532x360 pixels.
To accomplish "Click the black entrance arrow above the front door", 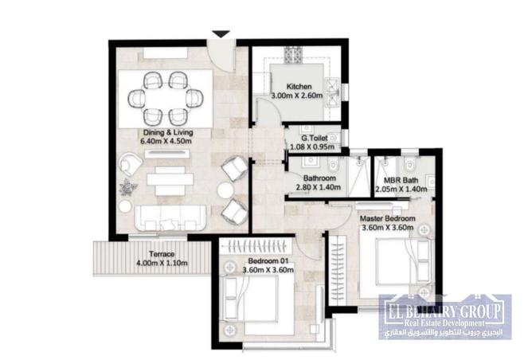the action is (221, 34).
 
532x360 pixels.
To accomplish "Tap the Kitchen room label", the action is (299, 87).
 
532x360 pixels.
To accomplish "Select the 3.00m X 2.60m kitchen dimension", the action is (297, 96).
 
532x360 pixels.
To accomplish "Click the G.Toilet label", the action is (315, 138).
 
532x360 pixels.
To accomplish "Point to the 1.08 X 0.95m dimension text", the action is (312, 147).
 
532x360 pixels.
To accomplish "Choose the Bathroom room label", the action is (319, 178).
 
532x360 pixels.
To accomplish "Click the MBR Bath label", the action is (401, 181).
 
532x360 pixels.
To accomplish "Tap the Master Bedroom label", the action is (388, 218).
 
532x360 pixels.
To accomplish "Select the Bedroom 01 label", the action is (268, 261).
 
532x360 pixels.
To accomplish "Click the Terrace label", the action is (162, 254).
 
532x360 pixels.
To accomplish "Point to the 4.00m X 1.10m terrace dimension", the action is (162, 263).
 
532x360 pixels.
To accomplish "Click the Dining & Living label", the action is (168, 132).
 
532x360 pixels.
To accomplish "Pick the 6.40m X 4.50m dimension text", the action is (166, 141).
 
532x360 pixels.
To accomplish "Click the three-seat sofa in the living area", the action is (170, 218).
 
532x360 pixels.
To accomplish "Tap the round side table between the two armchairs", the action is (225, 190).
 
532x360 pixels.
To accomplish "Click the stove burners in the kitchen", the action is (292, 55).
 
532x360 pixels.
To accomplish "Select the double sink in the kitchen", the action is (332, 92).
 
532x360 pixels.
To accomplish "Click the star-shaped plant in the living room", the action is (128, 187).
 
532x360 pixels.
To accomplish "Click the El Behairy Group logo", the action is (445, 317).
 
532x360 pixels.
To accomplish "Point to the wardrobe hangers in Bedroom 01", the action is (256, 246).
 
